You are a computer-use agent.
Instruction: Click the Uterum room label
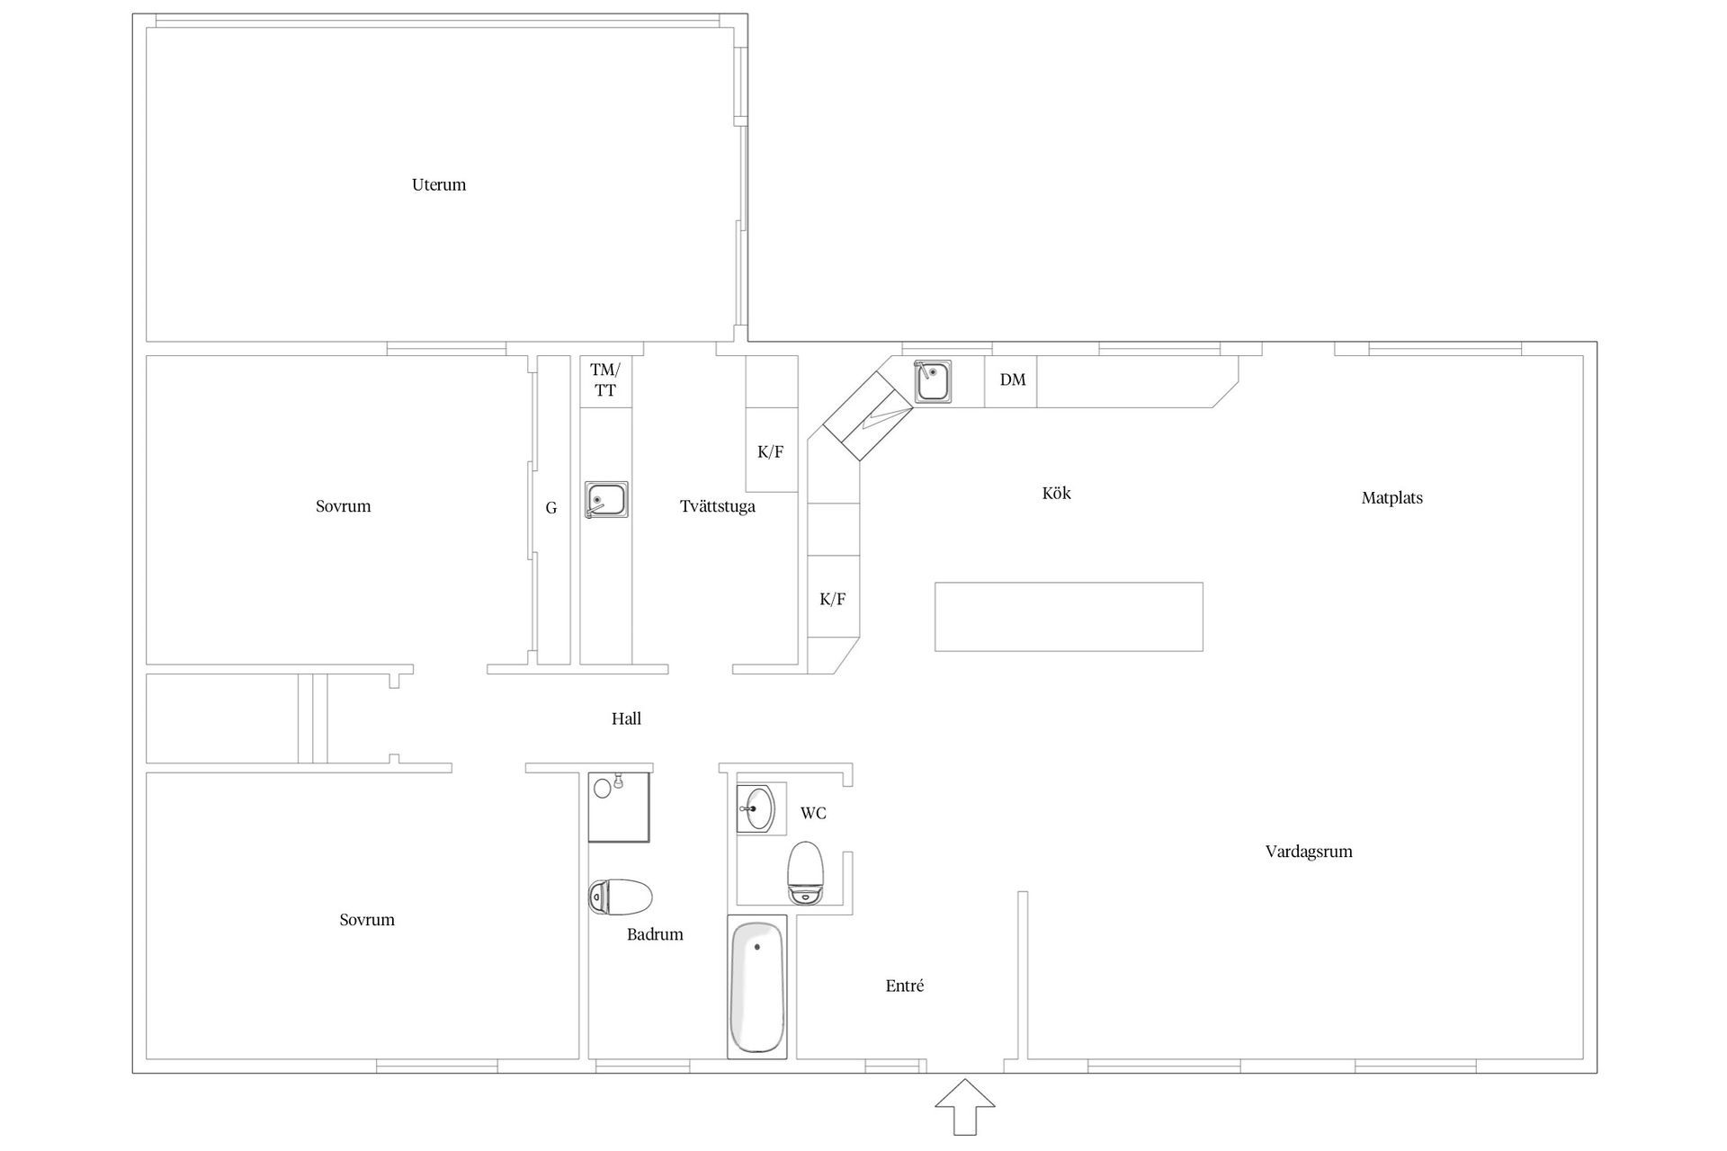pyautogui.click(x=439, y=185)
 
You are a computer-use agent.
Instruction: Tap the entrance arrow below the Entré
pyautogui.click(x=965, y=1106)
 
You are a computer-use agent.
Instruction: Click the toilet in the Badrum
pyautogui.click(x=621, y=897)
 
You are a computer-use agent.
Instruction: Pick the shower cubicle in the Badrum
pyautogui.click(x=619, y=807)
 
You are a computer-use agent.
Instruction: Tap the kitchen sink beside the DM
pyautogui.click(x=933, y=381)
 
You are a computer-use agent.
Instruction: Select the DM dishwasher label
pyautogui.click(x=1013, y=380)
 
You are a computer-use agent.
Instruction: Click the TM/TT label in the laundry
pyautogui.click(x=605, y=380)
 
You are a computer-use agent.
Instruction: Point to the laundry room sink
pyautogui.click(x=606, y=500)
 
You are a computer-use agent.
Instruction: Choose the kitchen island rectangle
pyautogui.click(x=1069, y=617)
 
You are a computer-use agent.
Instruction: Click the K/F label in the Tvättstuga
pyautogui.click(x=771, y=452)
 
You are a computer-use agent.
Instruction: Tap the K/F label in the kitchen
pyautogui.click(x=833, y=600)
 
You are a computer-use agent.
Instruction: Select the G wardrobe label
pyautogui.click(x=551, y=509)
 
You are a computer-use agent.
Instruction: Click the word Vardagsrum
pyautogui.click(x=1309, y=852)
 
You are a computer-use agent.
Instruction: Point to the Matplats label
pyautogui.click(x=1392, y=498)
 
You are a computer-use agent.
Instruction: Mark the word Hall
pyautogui.click(x=626, y=718)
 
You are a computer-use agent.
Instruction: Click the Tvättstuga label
pyautogui.click(x=718, y=506)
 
